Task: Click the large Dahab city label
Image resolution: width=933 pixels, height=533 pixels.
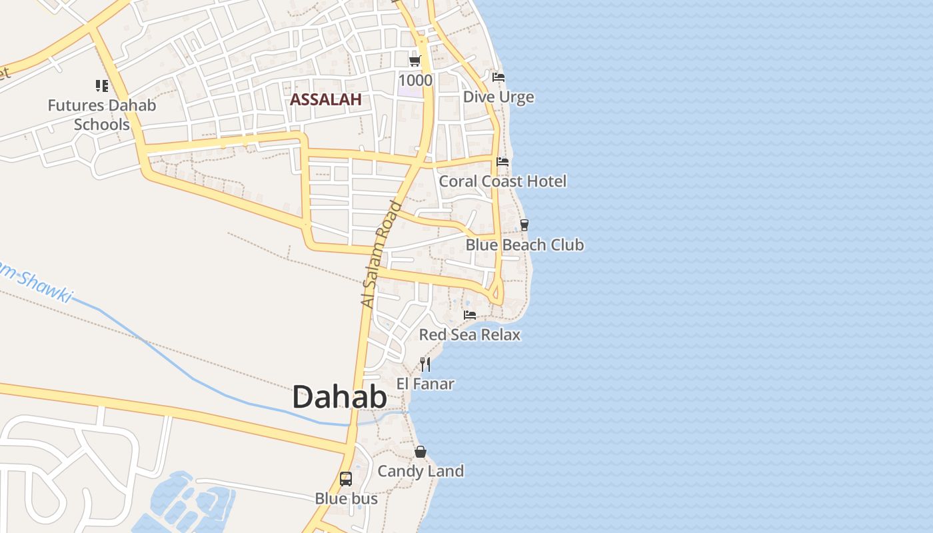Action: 339,397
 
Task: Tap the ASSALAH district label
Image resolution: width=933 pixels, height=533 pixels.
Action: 325,100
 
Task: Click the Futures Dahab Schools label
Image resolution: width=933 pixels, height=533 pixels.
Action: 101,115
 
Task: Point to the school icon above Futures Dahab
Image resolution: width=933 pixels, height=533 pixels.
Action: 101,85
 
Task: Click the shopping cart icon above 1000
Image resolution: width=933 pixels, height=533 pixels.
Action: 415,61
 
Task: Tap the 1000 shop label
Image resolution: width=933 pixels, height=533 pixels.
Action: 415,81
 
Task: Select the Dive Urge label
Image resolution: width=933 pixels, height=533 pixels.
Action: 498,97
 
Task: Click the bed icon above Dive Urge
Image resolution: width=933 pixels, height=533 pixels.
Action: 498,77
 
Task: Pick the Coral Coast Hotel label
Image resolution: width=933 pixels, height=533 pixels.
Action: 502,181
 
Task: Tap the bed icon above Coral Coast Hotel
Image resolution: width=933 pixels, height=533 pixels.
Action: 502,161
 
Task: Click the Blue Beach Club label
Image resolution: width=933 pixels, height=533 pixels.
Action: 524,245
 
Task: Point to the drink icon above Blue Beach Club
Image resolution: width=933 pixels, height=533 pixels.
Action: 524,225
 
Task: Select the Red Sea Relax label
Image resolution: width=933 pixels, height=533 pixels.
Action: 470,334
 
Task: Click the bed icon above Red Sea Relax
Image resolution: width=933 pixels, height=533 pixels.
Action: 470,314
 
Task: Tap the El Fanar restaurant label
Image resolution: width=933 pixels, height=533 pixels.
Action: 425,384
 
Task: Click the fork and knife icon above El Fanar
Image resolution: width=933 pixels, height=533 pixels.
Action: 425,364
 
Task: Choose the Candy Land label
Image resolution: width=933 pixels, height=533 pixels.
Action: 421,472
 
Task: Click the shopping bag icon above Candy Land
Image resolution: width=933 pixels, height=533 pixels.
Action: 421,452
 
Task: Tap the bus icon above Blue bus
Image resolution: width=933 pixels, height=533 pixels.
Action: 346,478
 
